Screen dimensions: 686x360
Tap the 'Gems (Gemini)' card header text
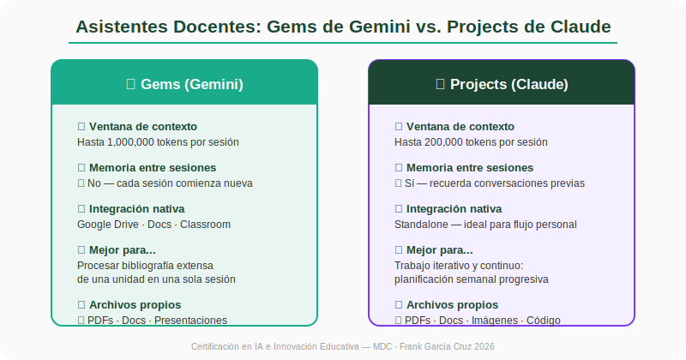[192, 84]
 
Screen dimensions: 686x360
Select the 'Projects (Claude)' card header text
[509, 84]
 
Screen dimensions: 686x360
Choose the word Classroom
[205, 225]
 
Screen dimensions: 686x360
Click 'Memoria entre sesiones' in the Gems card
[153, 167]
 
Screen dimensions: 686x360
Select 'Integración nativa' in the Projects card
[454, 208]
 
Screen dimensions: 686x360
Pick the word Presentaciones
[190, 321]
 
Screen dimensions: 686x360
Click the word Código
[544, 321]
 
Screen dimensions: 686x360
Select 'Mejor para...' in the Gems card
[123, 249]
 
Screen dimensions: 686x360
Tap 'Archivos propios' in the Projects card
[453, 304]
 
